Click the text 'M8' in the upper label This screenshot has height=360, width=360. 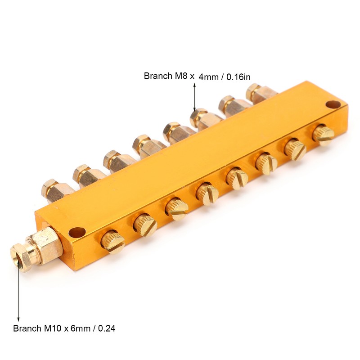pyautogui.click(x=182, y=76)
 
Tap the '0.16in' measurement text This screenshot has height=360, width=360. pyautogui.click(x=238, y=77)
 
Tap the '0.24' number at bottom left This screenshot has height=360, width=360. pyautogui.click(x=107, y=328)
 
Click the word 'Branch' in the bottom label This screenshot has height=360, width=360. pyautogui.click(x=27, y=328)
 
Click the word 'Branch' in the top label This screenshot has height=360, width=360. pyautogui.click(x=158, y=76)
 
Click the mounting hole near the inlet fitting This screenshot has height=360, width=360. pyautogui.click(x=77, y=232)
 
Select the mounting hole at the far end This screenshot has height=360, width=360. pyautogui.click(x=333, y=105)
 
